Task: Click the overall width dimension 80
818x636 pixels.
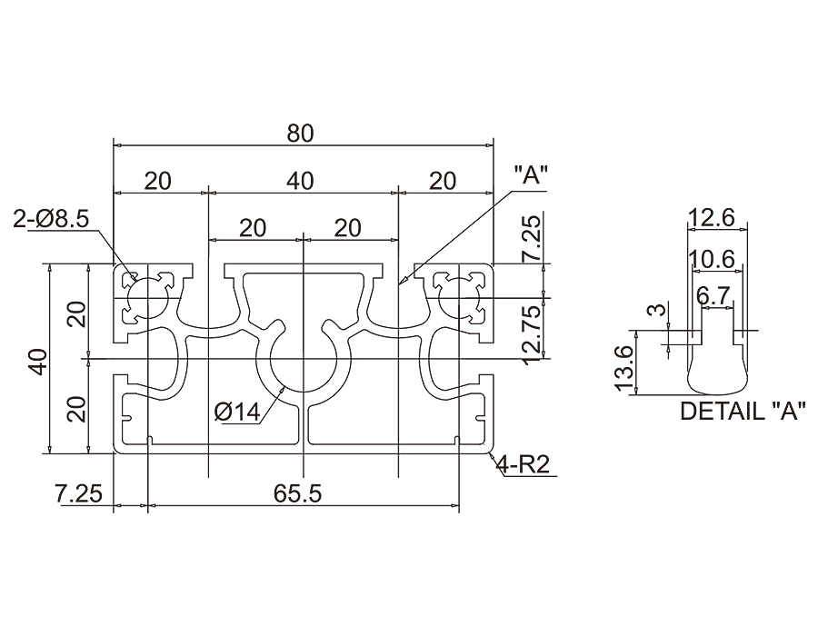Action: click(x=300, y=134)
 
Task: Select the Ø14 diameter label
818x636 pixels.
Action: click(x=237, y=412)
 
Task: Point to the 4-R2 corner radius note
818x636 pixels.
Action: click(x=524, y=464)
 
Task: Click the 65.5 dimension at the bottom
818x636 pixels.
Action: click(x=297, y=493)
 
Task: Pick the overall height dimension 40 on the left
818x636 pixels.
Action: click(x=38, y=360)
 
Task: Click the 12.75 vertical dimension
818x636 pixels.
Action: click(x=534, y=336)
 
